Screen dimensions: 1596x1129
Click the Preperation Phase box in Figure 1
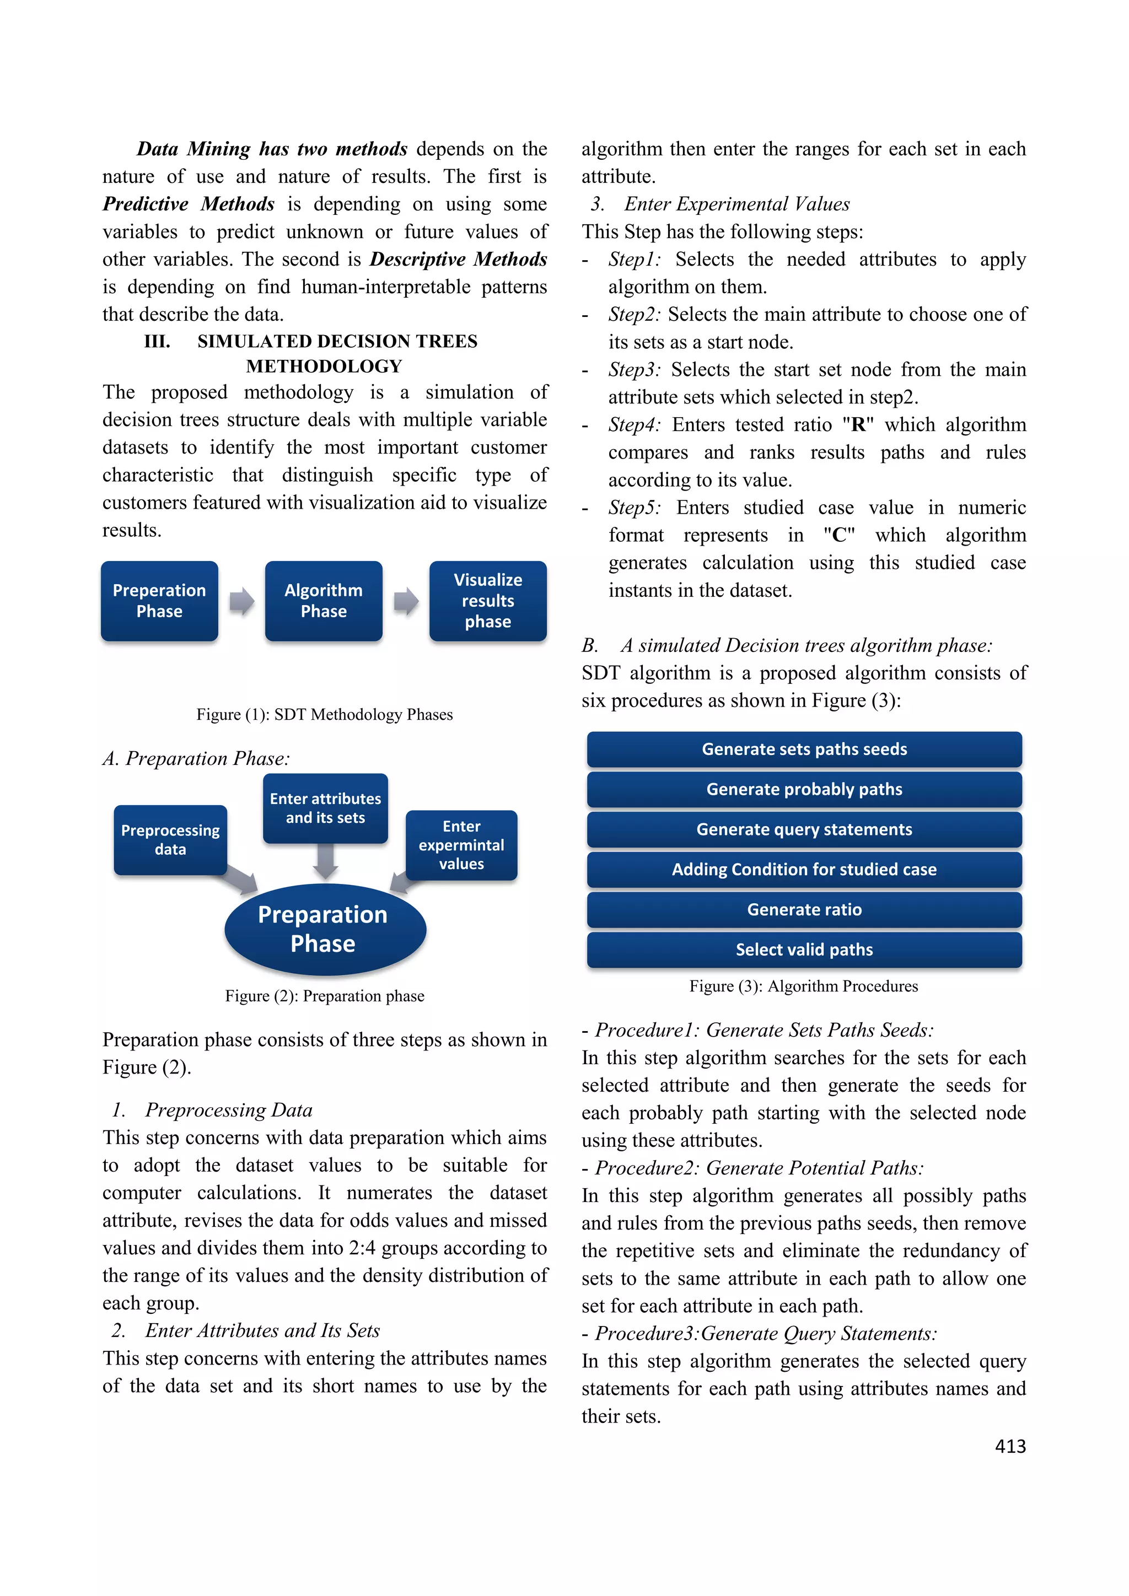point(159,601)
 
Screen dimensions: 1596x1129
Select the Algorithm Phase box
point(323,601)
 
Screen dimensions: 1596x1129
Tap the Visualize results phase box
point(488,601)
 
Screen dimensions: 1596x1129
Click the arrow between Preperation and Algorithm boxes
point(242,601)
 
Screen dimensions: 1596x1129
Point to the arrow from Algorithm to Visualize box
point(406,601)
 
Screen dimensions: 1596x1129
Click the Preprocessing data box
point(170,840)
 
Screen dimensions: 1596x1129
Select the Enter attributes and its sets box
point(325,808)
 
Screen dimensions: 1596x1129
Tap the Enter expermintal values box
point(461,845)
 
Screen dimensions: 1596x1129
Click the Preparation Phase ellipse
point(325,929)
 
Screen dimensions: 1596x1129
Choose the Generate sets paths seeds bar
point(804,750)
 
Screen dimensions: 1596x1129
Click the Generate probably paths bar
point(804,790)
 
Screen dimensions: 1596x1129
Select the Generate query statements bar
point(804,829)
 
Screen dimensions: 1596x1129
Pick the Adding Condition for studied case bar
point(804,870)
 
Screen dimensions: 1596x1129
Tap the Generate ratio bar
point(804,910)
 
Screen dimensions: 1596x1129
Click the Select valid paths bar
point(804,950)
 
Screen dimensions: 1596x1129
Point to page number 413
point(1010,1447)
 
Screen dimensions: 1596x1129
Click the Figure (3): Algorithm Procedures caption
point(804,986)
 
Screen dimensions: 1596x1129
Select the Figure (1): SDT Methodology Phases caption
point(325,715)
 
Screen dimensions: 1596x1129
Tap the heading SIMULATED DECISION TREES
point(337,341)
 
